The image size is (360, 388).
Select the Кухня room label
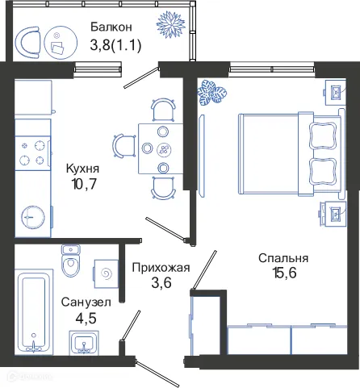point(82,169)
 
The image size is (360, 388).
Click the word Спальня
point(283,258)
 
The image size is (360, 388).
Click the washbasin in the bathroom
point(85,345)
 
